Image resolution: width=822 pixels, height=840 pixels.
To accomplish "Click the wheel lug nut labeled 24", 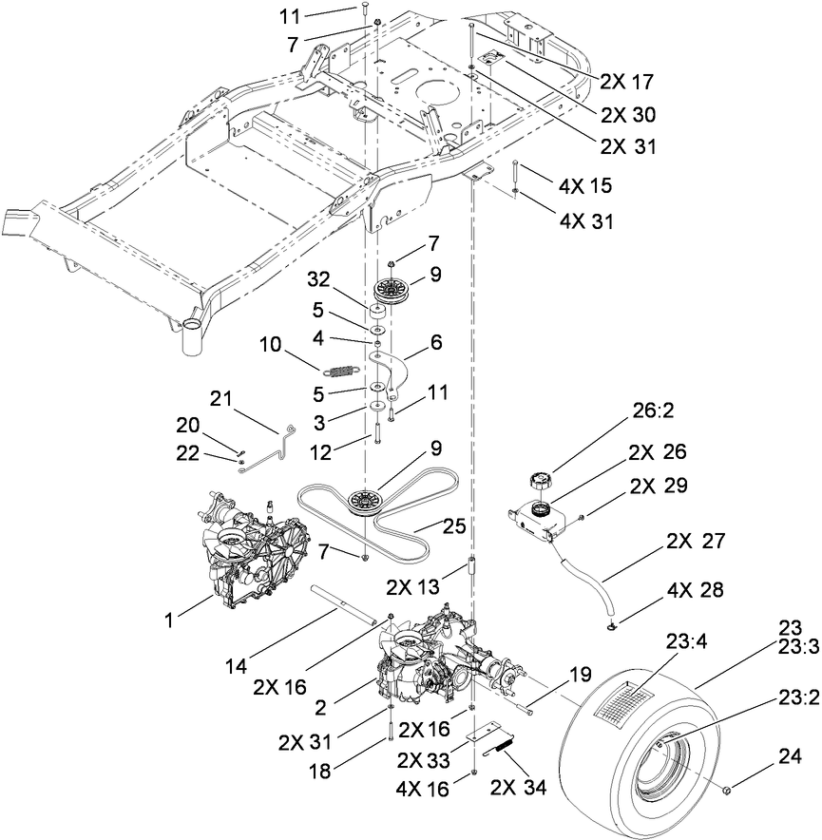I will click(728, 790).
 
